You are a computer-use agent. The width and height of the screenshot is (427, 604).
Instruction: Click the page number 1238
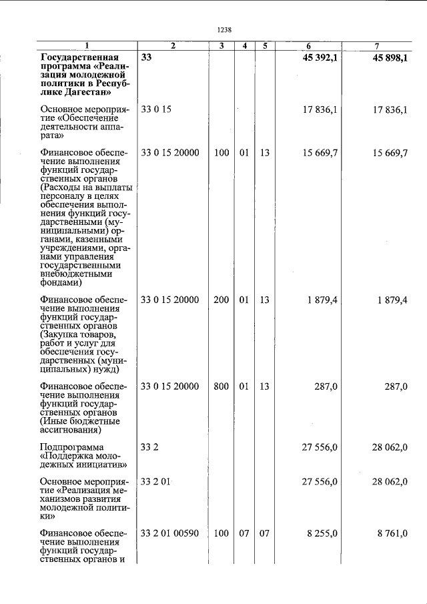[x=224, y=29]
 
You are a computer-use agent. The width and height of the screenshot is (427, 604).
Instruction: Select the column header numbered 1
[x=86, y=46]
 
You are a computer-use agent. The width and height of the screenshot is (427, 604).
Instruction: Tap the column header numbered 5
[x=265, y=46]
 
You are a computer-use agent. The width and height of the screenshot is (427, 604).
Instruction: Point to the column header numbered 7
[x=377, y=46]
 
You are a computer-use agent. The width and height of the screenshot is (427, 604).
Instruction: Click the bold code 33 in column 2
[x=147, y=58]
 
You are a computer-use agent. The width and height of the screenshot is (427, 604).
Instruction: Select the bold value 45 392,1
[x=316, y=58]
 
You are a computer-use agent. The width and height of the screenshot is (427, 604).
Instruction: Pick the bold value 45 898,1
[x=386, y=58]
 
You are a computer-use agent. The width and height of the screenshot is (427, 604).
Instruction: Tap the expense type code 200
[x=221, y=300]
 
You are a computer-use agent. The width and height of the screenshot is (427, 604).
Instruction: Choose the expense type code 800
[x=221, y=386]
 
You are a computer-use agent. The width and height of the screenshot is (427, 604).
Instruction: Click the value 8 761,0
[x=390, y=533]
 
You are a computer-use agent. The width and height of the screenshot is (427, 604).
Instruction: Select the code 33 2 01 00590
[x=170, y=533]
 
